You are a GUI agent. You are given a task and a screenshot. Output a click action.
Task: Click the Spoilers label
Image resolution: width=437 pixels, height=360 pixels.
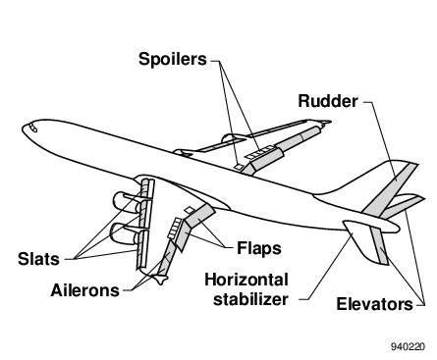coord(172,59)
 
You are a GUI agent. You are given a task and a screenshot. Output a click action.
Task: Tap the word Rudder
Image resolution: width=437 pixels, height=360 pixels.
coord(329,100)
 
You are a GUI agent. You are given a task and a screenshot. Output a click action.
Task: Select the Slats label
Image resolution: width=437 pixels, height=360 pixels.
coord(38,259)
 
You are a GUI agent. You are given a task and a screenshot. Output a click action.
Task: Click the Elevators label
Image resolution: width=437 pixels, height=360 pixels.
coord(377,304)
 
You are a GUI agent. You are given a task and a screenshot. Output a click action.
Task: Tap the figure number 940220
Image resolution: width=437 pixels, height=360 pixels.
coord(408,347)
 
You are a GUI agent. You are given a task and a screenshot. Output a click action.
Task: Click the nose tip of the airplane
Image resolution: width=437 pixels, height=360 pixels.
coord(25,129)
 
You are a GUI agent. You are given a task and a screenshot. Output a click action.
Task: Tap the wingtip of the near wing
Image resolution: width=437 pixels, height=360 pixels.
coord(158,283)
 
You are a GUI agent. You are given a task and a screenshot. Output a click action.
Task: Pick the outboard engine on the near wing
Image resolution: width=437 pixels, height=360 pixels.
coord(125,233)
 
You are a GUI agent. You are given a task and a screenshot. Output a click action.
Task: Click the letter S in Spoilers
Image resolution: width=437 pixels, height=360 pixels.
coord(143,59)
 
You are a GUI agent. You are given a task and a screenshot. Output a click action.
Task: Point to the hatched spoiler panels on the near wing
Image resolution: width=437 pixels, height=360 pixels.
coord(178,231)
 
